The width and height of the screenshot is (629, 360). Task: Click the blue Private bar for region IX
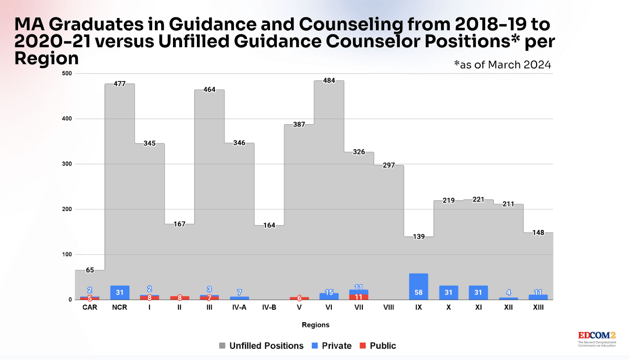pos(418,286)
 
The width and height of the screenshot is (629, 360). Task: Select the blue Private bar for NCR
pos(120,292)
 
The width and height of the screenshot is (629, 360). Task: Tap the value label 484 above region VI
pos(329,81)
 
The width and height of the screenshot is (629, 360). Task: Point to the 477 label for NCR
pos(120,84)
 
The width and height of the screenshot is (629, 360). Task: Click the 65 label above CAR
pos(90,270)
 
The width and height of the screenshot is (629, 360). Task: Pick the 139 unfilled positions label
pos(419,237)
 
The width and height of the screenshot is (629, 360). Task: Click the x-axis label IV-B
pos(269,307)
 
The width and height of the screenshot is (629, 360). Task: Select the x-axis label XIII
pos(538,307)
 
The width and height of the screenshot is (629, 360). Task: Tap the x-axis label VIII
pos(388,307)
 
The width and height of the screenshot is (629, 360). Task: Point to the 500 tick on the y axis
pos(67,73)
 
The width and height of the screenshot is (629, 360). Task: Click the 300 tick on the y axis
pos(67,164)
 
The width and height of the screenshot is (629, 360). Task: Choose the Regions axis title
pos(315,325)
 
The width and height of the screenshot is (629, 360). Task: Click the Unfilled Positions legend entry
pos(261,346)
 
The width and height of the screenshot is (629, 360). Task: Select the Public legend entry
pos(378,346)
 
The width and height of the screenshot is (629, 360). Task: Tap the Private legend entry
pos(332,346)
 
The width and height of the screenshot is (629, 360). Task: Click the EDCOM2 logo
pos(596,338)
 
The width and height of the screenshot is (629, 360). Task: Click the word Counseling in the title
pos(351,24)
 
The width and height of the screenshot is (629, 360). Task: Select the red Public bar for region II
pos(180,298)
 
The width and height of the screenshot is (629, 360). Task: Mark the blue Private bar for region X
pos(449,292)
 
